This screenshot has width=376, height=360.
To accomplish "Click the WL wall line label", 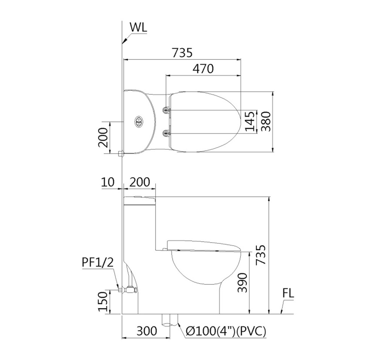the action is (x=138, y=27).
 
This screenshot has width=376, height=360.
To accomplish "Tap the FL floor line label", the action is (x=288, y=293).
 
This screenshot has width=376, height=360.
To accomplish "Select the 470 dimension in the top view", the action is (x=203, y=69).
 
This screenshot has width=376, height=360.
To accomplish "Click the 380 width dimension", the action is (x=266, y=122).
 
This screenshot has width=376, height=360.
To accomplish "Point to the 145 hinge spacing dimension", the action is (x=250, y=122).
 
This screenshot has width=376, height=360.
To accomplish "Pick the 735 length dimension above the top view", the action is (x=182, y=53).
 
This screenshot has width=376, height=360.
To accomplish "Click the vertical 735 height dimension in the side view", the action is (x=261, y=255).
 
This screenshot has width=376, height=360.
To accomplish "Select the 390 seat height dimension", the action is (x=242, y=283).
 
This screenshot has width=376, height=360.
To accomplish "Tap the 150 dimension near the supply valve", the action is (x=103, y=301).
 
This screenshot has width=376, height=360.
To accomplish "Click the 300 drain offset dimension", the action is (x=147, y=331).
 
